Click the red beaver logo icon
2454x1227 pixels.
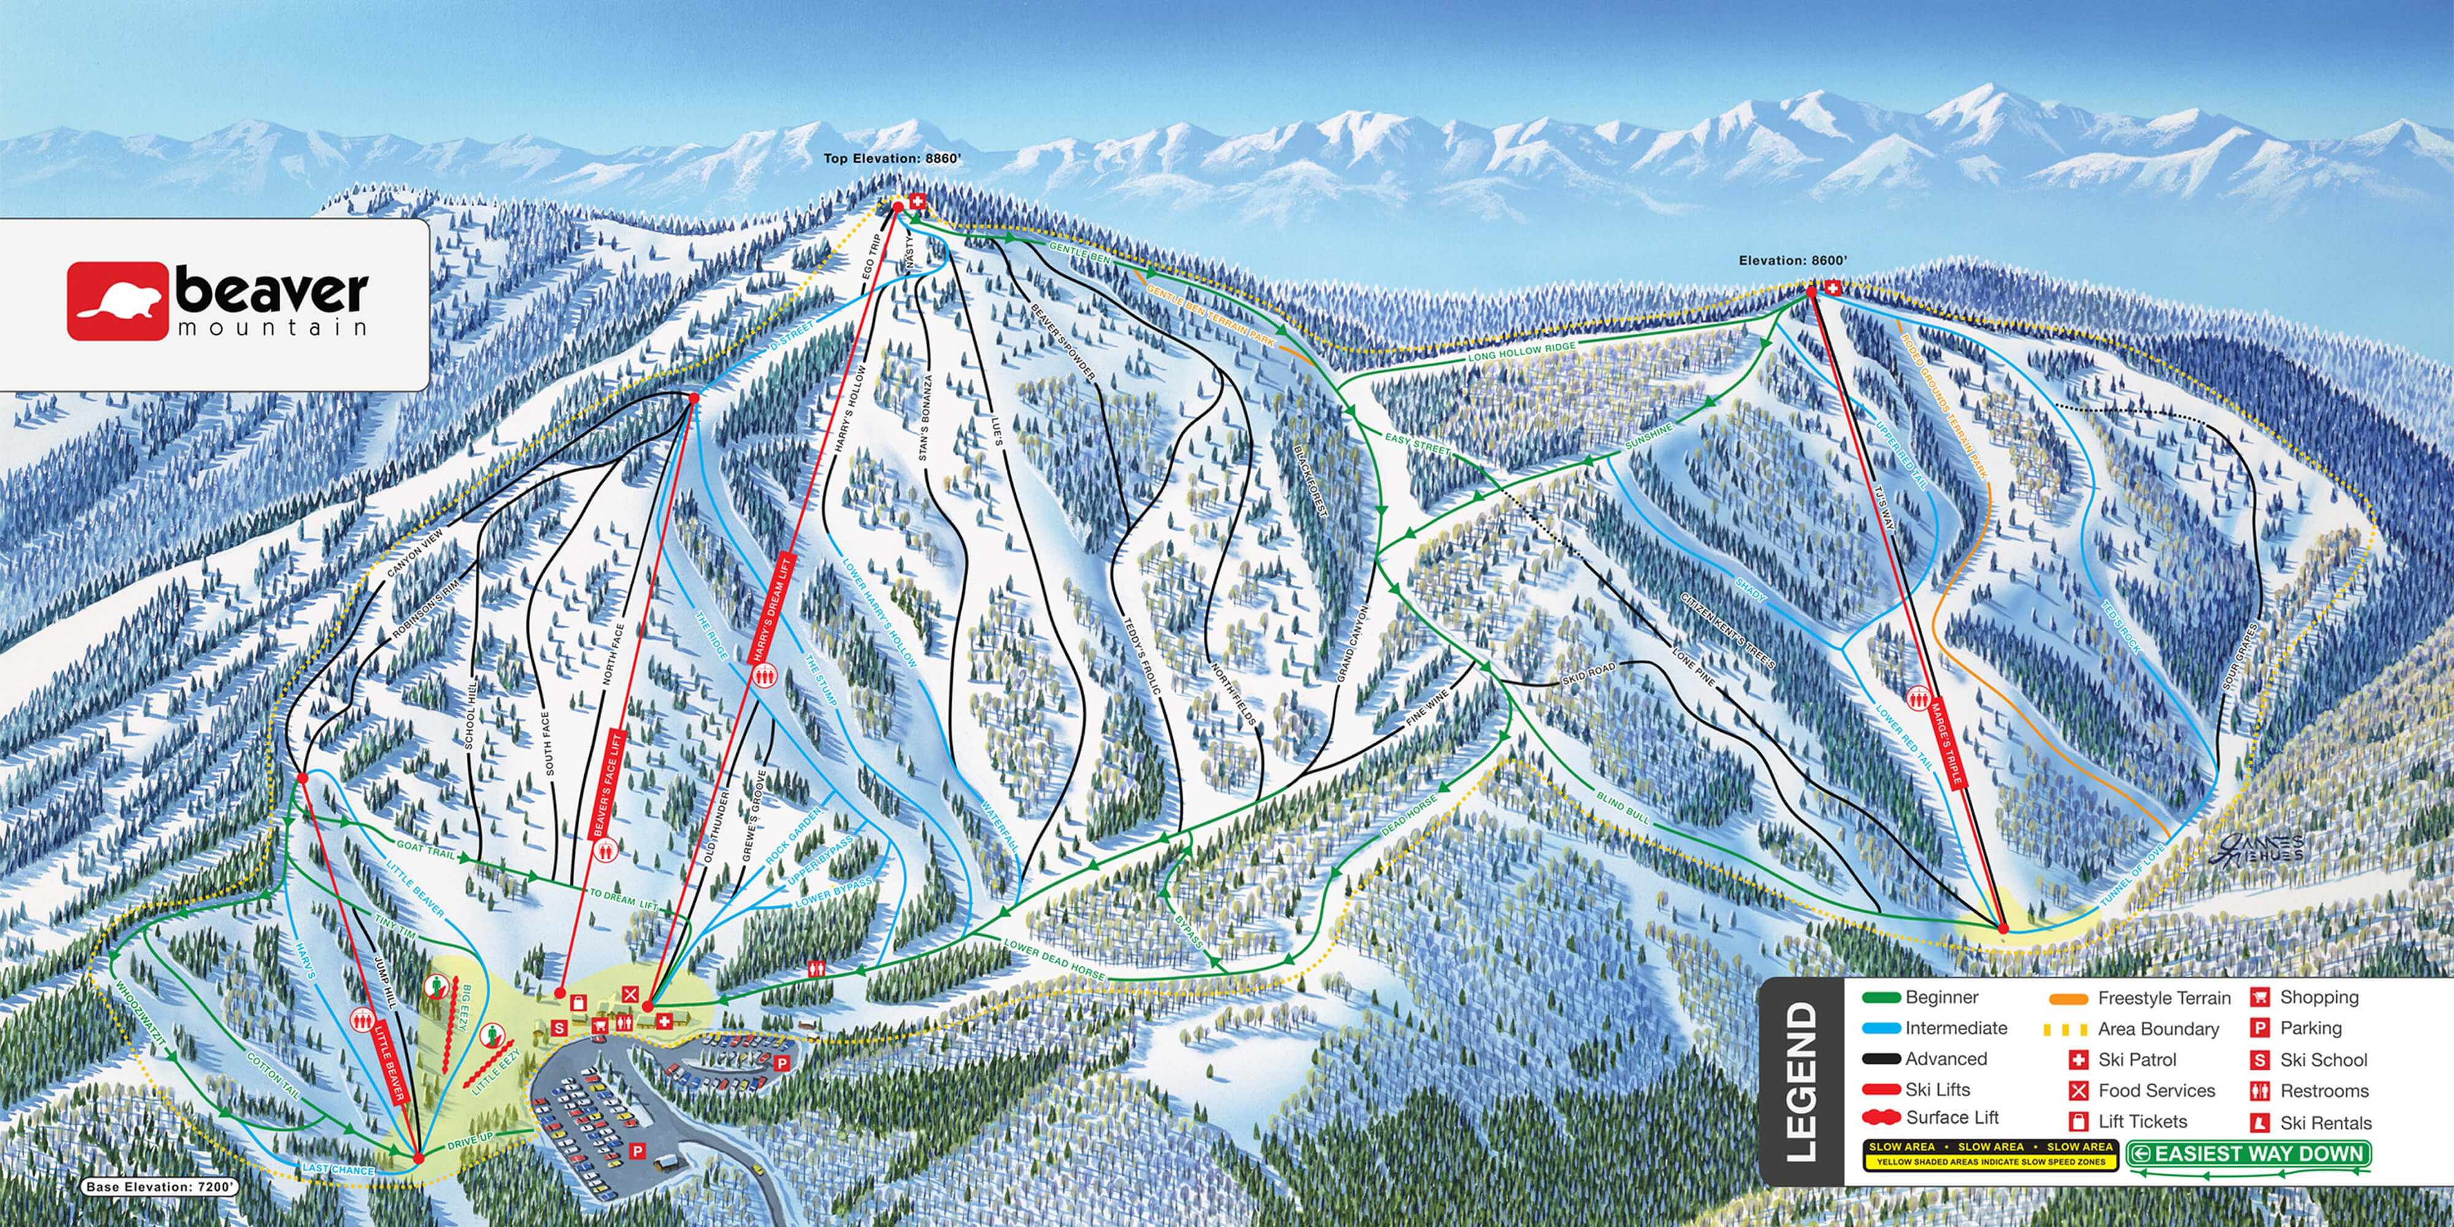(116, 301)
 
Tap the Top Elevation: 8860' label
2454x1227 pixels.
(893, 159)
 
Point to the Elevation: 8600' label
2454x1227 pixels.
(1793, 260)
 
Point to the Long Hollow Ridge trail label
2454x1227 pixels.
(1521, 353)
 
